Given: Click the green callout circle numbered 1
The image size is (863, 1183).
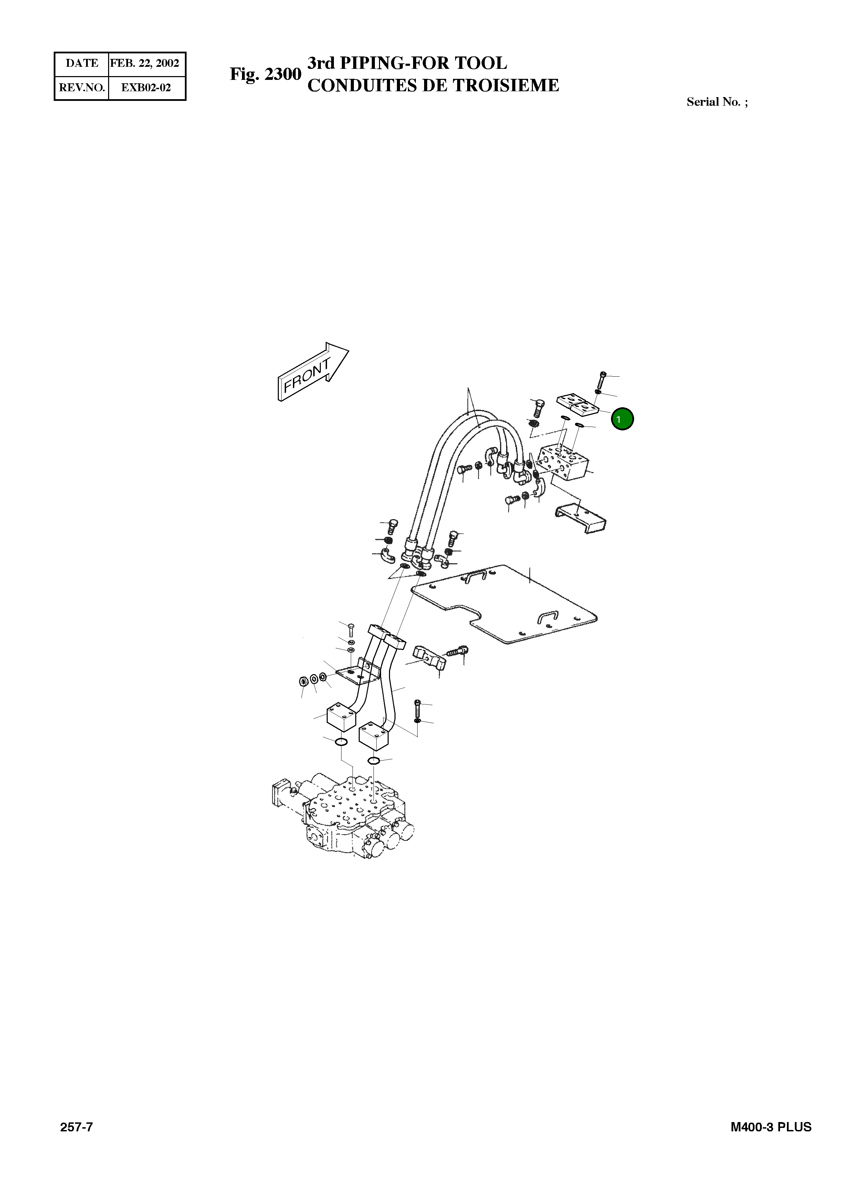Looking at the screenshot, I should tap(622, 419).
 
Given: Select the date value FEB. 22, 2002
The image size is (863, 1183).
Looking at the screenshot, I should tap(145, 64).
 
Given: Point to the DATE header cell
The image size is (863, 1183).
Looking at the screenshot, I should tap(82, 64).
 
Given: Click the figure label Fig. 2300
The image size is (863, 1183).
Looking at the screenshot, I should tap(265, 74).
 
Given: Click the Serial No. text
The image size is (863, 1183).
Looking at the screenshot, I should tap(716, 102).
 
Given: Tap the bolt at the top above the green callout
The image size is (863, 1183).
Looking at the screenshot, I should tap(601, 379).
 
